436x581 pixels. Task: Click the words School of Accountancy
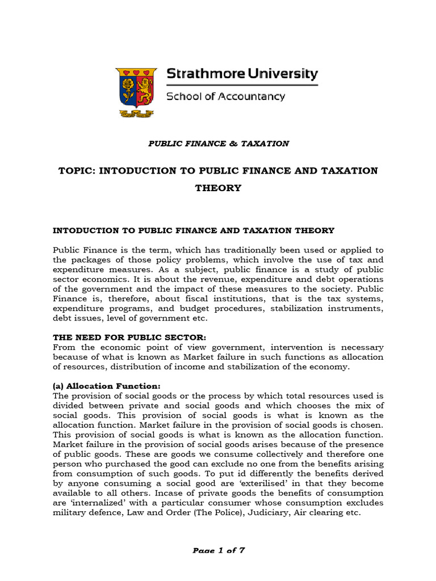[x=225, y=96]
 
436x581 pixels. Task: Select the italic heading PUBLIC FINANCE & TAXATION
[x=219, y=144]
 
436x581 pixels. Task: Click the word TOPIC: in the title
[x=76, y=171]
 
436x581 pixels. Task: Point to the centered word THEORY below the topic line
[x=219, y=188]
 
